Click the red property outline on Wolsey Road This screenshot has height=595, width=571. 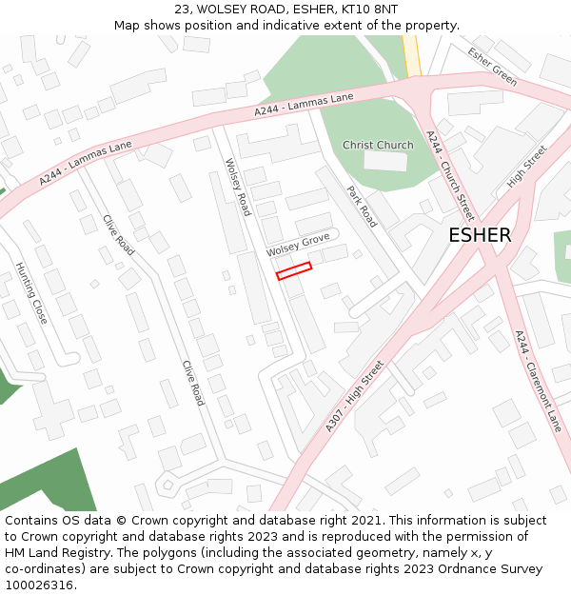coord(294,271)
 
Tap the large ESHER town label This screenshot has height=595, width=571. coord(480,235)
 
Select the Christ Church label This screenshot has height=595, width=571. coord(378,146)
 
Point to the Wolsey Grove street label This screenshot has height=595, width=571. coord(298,244)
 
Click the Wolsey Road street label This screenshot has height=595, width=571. coord(237,187)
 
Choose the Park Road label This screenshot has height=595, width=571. coord(362,207)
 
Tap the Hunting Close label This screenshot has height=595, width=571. coord(31,294)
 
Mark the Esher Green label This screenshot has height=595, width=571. coord(492,67)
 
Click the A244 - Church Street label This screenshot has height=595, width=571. coord(450,175)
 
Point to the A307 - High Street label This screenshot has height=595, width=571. coord(354,396)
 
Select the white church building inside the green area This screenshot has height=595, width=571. coord(384,161)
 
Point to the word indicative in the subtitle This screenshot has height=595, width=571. coord(303,26)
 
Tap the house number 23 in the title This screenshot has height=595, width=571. coord(184,10)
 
